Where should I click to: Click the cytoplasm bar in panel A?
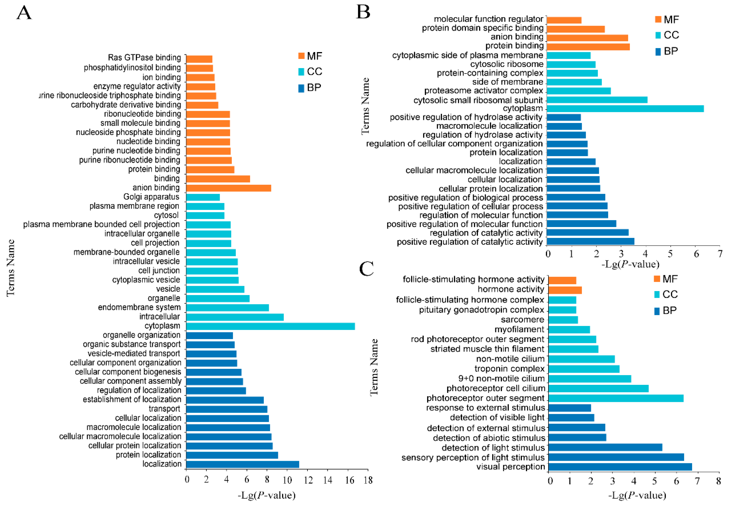point(270,326)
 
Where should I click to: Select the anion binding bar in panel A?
point(228,188)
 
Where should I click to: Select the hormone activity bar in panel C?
point(565,290)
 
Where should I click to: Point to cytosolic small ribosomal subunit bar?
point(597,100)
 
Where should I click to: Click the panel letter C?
point(366,269)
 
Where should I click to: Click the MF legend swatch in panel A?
point(301,56)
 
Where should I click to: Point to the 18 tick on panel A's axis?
point(368,480)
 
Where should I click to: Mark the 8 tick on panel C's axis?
point(718,481)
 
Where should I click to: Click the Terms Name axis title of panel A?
point(10,268)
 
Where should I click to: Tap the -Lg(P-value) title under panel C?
point(637,495)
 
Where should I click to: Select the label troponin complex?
point(509,369)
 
